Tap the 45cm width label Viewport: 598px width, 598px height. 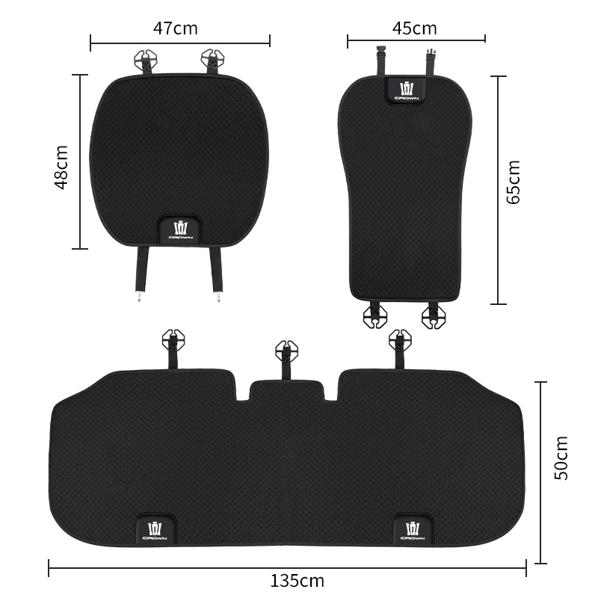click(414, 28)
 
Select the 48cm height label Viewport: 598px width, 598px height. click(62, 167)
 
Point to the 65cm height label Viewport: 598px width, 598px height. click(514, 182)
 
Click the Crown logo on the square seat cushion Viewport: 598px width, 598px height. click(180, 229)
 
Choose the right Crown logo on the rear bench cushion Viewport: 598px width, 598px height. click(413, 529)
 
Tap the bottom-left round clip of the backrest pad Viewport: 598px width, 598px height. click(375, 316)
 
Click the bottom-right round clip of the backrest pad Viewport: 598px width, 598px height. click(433, 316)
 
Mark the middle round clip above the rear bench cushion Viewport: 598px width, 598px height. click(286, 349)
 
